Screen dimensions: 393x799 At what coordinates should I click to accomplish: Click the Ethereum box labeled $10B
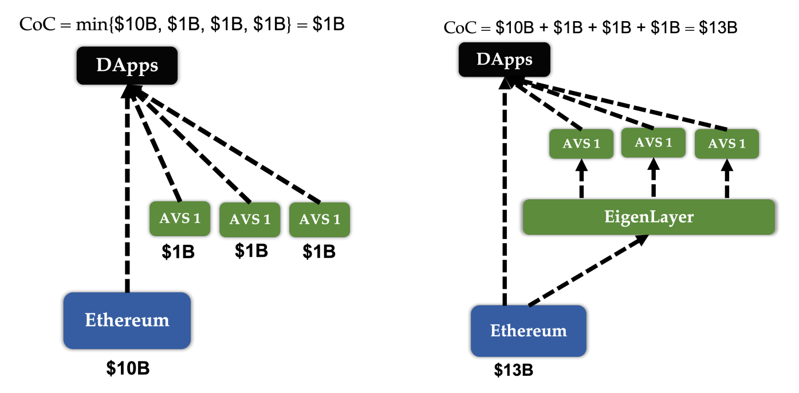pos(127,320)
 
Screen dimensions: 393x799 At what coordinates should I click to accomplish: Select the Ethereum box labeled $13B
pos(528,331)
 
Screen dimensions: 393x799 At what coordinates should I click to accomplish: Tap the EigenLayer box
pos(648,217)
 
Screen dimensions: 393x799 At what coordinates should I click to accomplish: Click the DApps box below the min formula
pos(127,66)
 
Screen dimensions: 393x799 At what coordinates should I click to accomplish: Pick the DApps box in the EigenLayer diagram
pos(504,60)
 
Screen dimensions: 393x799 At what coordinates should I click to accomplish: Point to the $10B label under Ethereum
pos(128,368)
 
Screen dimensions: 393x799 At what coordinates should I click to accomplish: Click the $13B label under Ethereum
pos(514,370)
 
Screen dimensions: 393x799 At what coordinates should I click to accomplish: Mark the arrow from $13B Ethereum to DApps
pos(504,194)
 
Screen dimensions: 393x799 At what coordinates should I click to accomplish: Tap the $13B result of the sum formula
pos(718,27)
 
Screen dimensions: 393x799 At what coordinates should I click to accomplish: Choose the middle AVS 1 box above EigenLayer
pos(653,142)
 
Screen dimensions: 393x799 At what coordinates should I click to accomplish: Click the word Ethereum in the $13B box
pos(528,331)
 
